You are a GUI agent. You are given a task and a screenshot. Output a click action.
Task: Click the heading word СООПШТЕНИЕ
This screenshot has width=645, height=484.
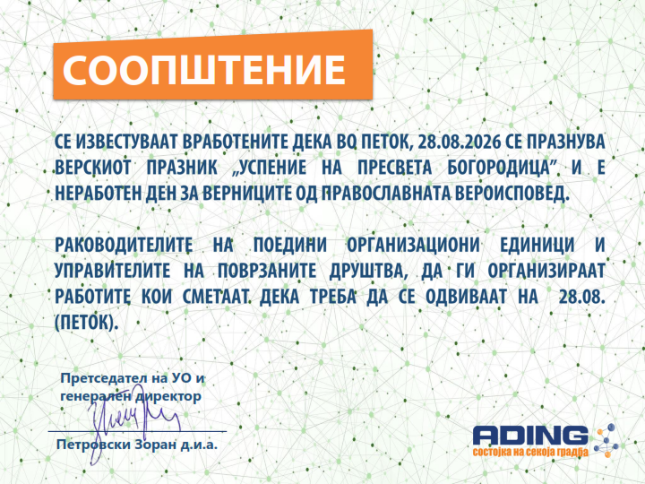(203, 69)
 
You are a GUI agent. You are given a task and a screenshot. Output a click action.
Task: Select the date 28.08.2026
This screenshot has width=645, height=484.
(459, 142)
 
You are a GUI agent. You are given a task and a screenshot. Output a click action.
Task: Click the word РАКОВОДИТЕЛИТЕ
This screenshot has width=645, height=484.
(124, 246)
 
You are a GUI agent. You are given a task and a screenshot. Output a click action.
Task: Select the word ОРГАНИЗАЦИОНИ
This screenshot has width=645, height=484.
(413, 246)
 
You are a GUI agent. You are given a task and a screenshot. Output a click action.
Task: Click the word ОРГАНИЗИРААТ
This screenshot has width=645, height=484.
(546, 271)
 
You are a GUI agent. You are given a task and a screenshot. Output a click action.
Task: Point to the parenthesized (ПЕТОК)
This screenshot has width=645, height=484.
(86, 323)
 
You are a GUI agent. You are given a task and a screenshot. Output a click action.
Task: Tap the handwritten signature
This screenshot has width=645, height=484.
(132, 428)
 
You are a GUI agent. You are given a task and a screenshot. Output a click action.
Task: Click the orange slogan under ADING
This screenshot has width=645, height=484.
(530, 452)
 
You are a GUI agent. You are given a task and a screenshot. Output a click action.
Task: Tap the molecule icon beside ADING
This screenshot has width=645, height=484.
(606, 440)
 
